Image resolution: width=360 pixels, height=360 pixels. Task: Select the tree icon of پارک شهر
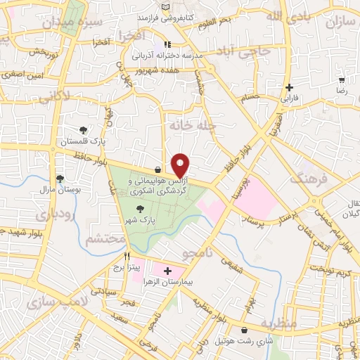(x=141, y=209)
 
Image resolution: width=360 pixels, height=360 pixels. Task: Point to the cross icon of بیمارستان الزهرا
(x=167, y=270)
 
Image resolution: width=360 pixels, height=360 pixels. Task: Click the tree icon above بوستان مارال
(x=60, y=179)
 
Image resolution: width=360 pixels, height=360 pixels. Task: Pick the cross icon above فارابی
(x=289, y=87)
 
